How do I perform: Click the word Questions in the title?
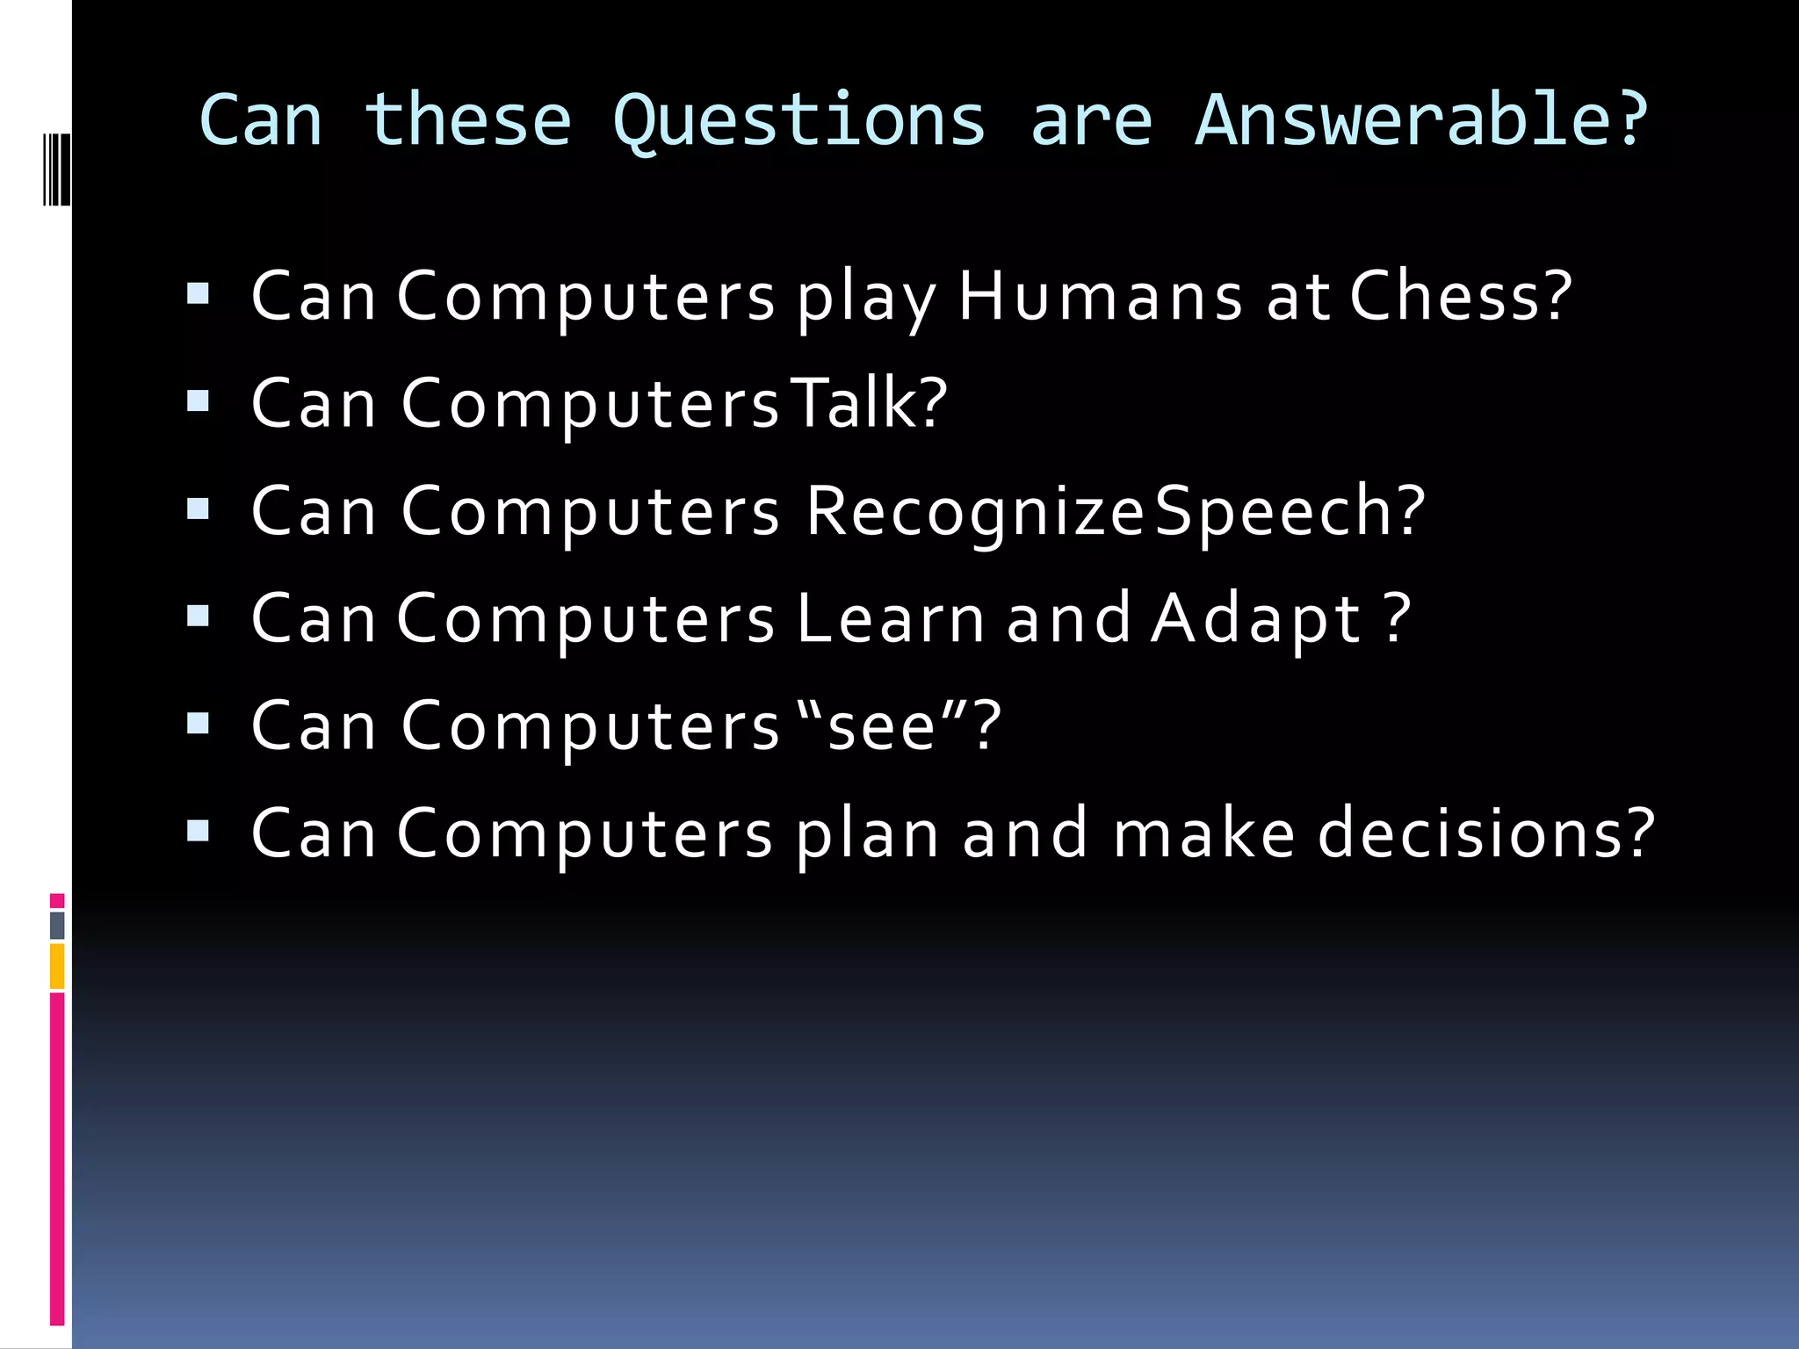(x=798, y=120)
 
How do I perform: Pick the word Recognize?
(x=973, y=512)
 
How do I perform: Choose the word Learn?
(x=891, y=618)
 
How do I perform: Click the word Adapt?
(x=1256, y=620)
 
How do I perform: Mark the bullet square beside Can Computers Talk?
(x=199, y=401)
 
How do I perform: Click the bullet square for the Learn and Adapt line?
(x=199, y=617)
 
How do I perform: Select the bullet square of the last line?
(x=199, y=831)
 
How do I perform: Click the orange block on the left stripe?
(x=57, y=966)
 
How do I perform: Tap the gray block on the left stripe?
(x=57, y=925)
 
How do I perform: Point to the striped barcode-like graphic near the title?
(x=56, y=168)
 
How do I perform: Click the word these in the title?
(x=467, y=120)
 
